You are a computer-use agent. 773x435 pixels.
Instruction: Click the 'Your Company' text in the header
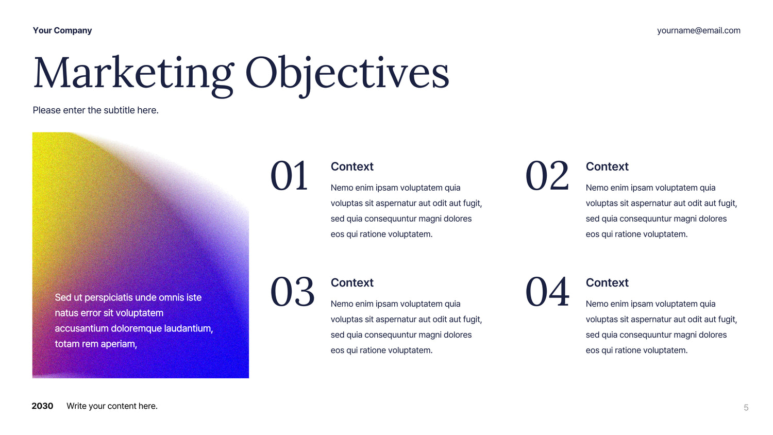[62, 31]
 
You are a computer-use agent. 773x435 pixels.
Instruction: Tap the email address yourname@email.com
[698, 31]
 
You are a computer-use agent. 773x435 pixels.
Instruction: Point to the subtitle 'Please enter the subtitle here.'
[95, 110]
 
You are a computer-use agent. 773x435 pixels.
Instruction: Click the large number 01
[289, 176]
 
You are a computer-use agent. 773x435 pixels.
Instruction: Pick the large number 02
[547, 176]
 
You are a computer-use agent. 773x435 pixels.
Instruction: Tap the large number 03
[292, 292]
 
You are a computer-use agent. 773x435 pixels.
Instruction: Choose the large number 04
[547, 292]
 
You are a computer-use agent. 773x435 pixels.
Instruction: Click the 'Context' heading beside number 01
[352, 166]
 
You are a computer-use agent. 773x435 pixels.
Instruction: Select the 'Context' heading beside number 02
[607, 166]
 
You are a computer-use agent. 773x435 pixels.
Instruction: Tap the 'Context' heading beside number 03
[352, 282]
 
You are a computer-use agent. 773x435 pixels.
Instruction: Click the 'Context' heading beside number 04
[607, 282]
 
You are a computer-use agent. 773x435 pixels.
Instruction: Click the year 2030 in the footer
[42, 406]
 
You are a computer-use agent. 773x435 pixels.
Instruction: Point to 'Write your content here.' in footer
[112, 406]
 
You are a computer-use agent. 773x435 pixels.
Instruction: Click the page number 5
[746, 408]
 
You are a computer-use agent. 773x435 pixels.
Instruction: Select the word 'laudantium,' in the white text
[189, 328]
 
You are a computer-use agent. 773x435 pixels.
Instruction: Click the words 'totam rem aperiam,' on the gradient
[96, 344]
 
